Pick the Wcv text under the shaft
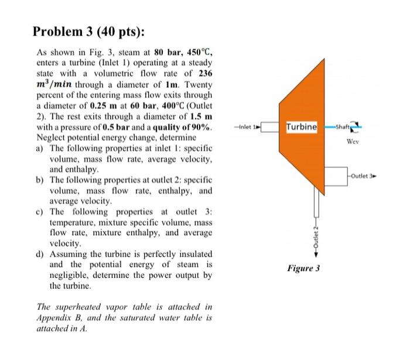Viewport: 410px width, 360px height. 353,141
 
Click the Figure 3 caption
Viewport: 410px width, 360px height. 303,269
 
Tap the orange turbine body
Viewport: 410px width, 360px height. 302,158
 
